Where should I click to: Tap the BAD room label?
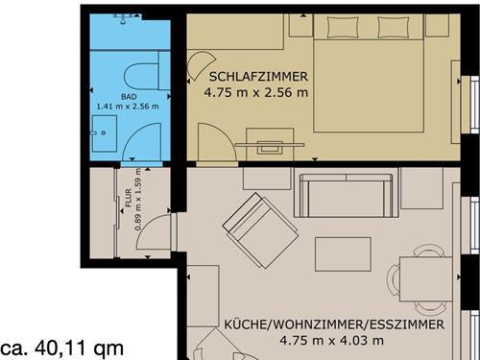[128, 96]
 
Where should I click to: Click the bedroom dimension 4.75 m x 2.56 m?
[255, 94]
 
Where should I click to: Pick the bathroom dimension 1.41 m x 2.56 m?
[128, 107]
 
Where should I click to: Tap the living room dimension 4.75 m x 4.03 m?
[331, 340]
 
